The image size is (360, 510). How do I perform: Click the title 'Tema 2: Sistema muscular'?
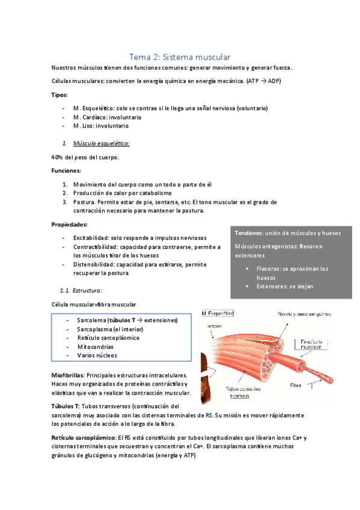pos(180,57)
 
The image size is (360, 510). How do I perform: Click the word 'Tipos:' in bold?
pos(59,94)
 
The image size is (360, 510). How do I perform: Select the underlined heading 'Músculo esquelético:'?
pos(101,144)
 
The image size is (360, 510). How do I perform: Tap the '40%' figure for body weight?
pos(58,158)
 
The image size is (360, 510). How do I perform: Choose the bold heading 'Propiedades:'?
pos(70,224)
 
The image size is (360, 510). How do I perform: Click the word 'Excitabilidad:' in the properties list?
pos(93,238)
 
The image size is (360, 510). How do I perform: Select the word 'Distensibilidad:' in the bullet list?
pos(95,264)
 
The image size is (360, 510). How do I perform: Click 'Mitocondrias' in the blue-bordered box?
pos(96,346)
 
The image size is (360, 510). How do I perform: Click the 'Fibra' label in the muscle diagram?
pos(296,384)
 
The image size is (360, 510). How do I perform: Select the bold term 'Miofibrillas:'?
pos(68,375)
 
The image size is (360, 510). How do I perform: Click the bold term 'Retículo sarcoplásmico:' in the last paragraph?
pos(85,438)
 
